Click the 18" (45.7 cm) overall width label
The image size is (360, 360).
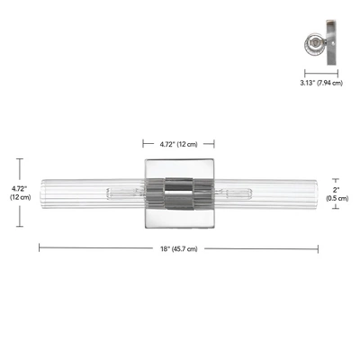179,249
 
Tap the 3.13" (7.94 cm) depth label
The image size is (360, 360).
321,83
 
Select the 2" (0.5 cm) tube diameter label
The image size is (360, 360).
337,194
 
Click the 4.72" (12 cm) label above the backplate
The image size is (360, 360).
178,144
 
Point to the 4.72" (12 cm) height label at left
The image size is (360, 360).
21,193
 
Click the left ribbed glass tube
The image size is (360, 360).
94,193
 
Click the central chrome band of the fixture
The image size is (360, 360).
179,193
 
